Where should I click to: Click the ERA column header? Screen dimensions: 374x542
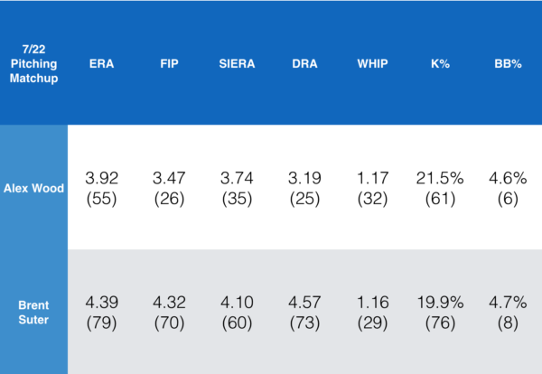tap(101, 65)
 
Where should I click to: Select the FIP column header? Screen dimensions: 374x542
tap(169, 65)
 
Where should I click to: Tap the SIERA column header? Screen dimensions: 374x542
tap(237, 65)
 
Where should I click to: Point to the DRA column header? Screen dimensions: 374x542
tap(304, 65)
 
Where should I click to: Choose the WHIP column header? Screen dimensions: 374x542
tap(372, 65)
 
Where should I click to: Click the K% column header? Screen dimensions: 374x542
tap(440, 65)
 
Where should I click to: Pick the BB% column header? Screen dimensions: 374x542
tap(507, 65)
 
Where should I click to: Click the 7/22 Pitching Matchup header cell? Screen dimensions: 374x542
tap(33, 65)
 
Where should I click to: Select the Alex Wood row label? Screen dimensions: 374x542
tap(33, 188)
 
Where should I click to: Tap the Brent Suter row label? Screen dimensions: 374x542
tap(33, 312)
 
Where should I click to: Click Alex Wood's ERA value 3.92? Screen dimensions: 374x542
tap(101, 178)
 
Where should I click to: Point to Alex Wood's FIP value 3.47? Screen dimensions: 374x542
tap(169, 178)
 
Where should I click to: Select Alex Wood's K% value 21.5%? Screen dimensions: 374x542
tap(440, 178)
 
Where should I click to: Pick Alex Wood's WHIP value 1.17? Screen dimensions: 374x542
tap(372, 178)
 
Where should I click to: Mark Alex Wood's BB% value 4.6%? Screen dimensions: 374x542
tap(507, 178)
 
